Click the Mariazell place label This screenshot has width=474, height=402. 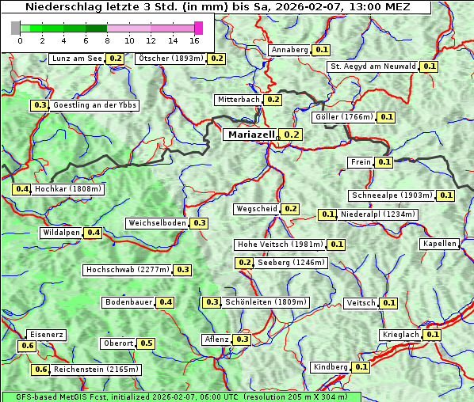(x=250, y=135)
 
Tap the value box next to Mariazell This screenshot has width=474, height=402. (x=292, y=135)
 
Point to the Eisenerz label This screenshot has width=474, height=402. (x=45, y=335)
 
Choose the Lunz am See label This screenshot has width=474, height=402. (x=76, y=59)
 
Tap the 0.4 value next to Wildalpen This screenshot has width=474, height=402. (x=94, y=233)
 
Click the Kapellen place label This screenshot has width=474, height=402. (x=440, y=244)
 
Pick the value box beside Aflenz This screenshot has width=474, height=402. (x=242, y=339)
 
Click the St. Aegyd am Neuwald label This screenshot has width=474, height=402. (x=373, y=66)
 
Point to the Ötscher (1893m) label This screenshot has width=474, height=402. (x=170, y=59)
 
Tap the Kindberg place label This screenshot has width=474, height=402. (x=331, y=367)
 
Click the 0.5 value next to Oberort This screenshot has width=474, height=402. (x=147, y=343)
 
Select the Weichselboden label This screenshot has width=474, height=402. (x=158, y=223)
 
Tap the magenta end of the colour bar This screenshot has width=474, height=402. (x=198, y=28)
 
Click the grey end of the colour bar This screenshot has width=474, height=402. (x=16, y=28)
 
